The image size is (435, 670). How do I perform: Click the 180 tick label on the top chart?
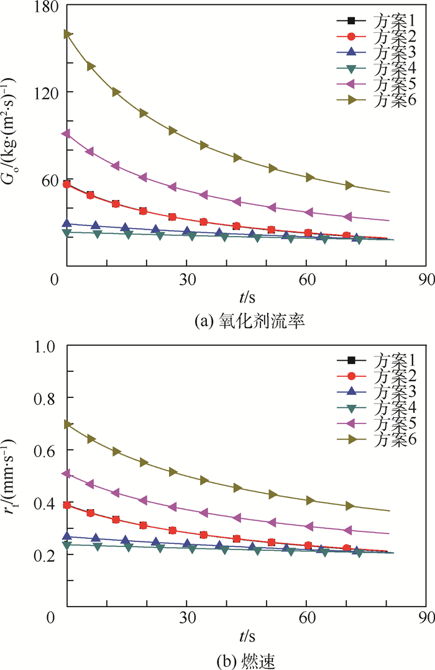click(x=42, y=7)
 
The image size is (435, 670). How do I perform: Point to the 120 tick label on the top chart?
click(x=42, y=92)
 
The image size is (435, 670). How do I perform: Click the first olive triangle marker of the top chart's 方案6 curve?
click(x=66, y=34)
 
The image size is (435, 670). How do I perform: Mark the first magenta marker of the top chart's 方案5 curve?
click(x=66, y=134)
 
